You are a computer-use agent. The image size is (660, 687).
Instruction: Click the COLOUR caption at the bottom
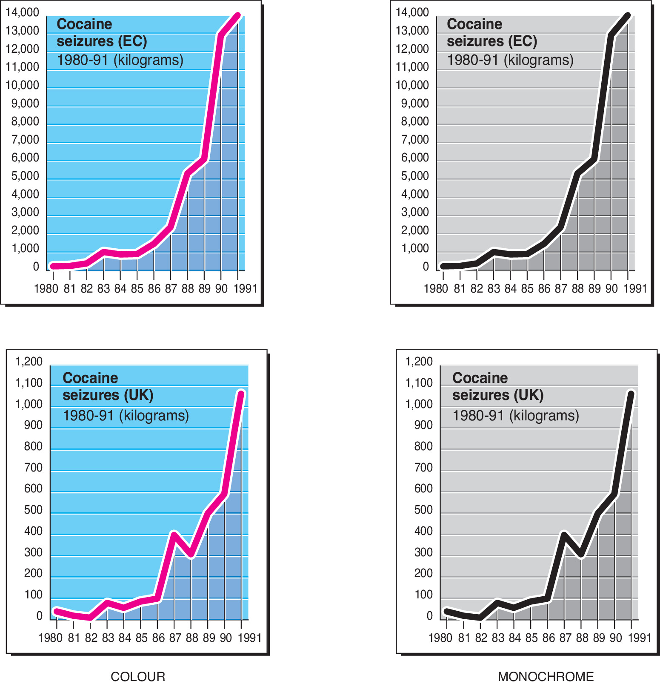[138, 676]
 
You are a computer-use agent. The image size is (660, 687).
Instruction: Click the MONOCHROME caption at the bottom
[546, 676]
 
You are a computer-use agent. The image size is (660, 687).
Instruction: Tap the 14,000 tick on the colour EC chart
[22, 12]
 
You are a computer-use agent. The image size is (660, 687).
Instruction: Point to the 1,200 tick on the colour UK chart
[29, 362]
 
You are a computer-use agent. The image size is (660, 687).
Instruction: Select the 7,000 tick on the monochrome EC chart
[415, 140]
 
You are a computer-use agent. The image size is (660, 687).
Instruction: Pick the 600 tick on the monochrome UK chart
[423, 489]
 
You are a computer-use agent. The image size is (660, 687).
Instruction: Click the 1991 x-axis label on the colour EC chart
[246, 289]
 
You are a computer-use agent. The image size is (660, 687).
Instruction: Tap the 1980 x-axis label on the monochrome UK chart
[440, 638]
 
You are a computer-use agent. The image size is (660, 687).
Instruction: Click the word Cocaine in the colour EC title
[84, 24]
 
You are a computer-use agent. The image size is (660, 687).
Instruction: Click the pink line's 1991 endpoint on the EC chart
[238, 16]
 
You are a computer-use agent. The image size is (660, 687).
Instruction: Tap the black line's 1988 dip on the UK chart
[581, 555]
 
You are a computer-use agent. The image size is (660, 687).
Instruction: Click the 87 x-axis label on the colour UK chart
[175, 638]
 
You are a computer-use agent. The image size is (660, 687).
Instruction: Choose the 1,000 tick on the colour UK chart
[29, 404]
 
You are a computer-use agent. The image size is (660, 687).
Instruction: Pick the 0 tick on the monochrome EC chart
[426, 267]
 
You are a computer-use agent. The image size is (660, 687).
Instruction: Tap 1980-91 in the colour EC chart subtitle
[83, 60]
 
